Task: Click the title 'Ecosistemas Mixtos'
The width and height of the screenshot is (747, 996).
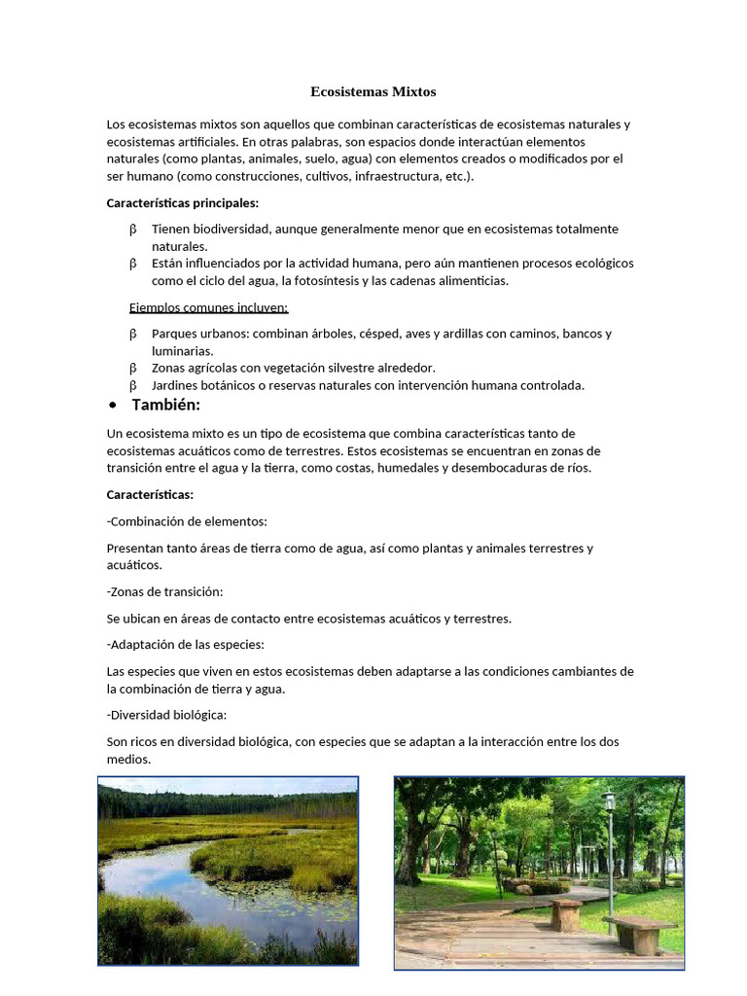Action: click(373, 91)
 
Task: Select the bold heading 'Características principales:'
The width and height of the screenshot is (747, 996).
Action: click(182, 203)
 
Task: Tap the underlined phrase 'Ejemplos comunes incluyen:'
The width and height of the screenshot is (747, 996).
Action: click(208, 308)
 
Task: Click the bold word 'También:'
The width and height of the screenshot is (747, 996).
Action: click(166, 405)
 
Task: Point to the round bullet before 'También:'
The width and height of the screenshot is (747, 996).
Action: click(115, 406)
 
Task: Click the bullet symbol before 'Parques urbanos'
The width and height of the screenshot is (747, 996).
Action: click(133, 334)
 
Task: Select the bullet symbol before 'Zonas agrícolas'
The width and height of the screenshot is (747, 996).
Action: click(133, 368)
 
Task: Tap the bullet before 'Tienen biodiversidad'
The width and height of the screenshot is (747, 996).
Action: click(133, 230)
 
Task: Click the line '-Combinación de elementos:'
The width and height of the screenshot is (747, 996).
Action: click(187, 521)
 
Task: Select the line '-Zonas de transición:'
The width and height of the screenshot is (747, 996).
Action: click(164, 591)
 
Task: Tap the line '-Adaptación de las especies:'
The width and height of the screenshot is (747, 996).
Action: click(185, 644)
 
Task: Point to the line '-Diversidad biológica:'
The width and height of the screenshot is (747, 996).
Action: click(166, 715)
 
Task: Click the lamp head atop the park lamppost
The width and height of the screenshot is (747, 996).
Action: click(610, 801)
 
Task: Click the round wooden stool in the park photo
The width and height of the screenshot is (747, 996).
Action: click(565, 913)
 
